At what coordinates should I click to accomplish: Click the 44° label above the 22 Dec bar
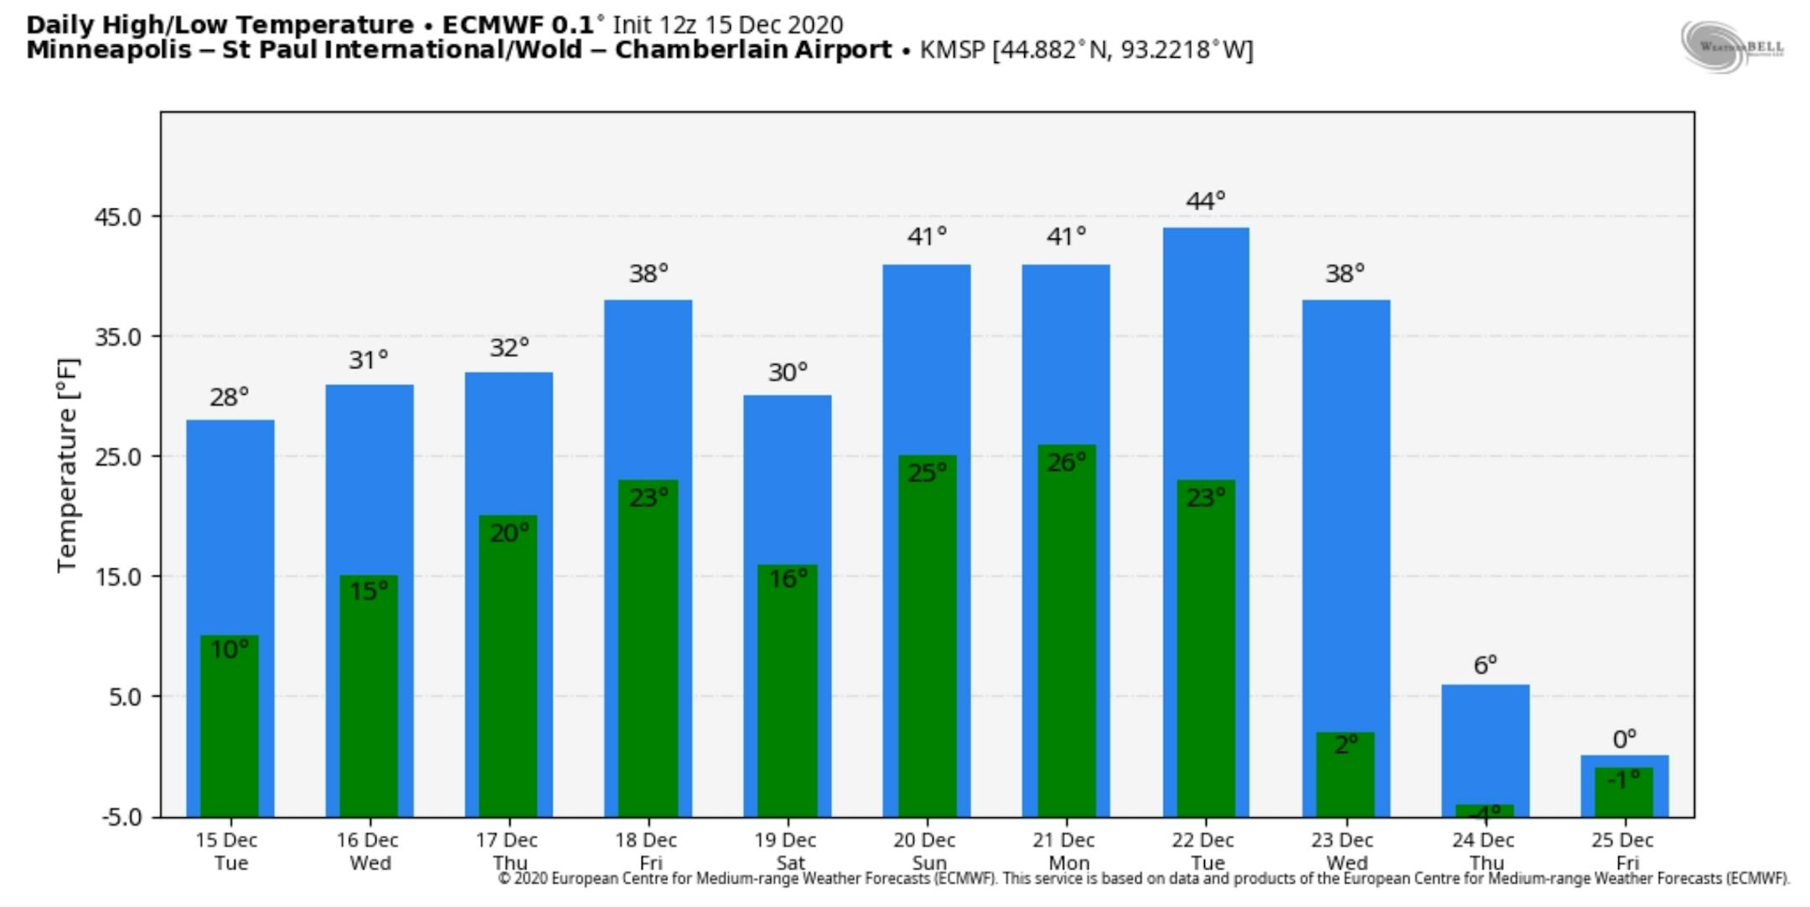pyautogui.click(x=1205, y=201)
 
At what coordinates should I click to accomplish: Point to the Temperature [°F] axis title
pyautogui.click(x=68, y=465)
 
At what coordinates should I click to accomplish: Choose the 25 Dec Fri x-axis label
pyautogui.click(x=1623, y=851)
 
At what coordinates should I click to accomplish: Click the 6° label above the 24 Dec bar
pyautogui.click(x=1485, y=666)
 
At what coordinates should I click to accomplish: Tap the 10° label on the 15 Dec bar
pyautogui.click(x=229, y=650)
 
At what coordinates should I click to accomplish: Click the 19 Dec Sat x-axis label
pyautogui.click(x=786, y=851)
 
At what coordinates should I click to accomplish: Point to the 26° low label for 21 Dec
pyautogui.click(x=1066, y=462)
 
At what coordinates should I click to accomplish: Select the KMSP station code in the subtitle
pyautogui.click(x=952, y=50)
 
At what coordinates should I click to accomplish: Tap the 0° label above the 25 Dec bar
pyautogui.click(x=1624, y=739)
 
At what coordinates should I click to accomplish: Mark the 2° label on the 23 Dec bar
pyautogui.click(x=1346, y=744)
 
